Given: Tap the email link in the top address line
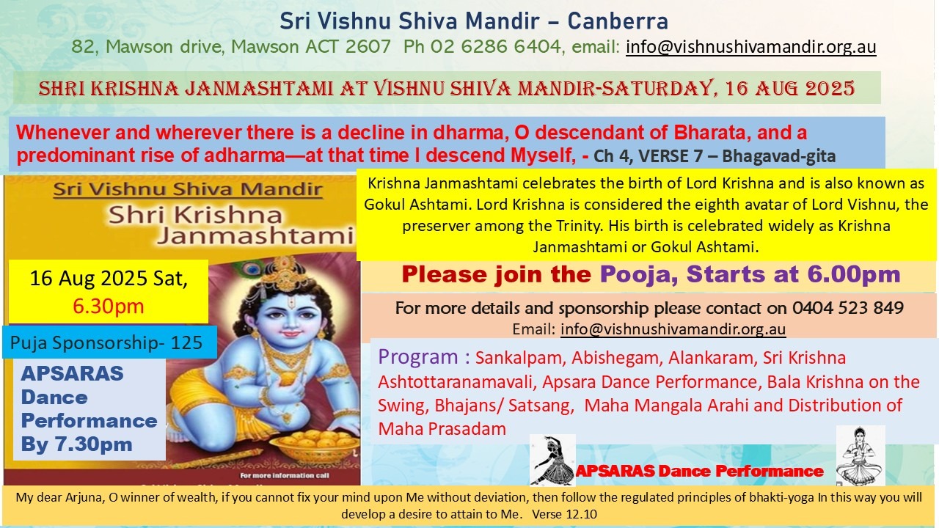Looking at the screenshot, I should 750,48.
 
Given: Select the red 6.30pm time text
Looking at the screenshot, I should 109,306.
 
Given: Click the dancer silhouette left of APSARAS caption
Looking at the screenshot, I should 552,460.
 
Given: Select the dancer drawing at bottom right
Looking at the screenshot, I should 860,455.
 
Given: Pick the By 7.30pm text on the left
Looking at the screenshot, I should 76,444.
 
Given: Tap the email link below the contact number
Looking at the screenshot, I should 673,329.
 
